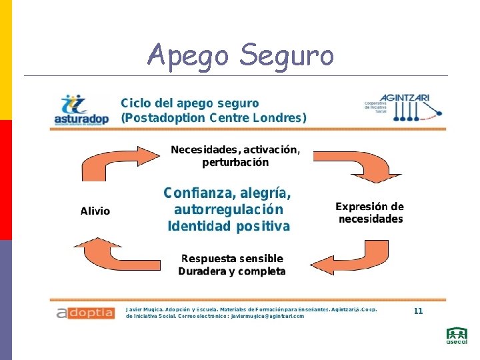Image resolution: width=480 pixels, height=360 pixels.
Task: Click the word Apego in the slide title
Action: click(189, 55)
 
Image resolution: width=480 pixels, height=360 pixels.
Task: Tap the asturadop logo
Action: click(80, 109)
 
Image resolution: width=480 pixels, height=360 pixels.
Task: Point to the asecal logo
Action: click(457, 336)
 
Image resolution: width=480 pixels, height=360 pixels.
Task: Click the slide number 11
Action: click(418, 311)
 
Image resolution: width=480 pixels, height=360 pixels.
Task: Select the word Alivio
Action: click(95, 211)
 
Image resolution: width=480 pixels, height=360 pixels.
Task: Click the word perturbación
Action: click(235, 162)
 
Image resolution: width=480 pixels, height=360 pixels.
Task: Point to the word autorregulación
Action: click(228, 210)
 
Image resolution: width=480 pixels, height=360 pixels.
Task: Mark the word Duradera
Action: click(202, 271)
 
